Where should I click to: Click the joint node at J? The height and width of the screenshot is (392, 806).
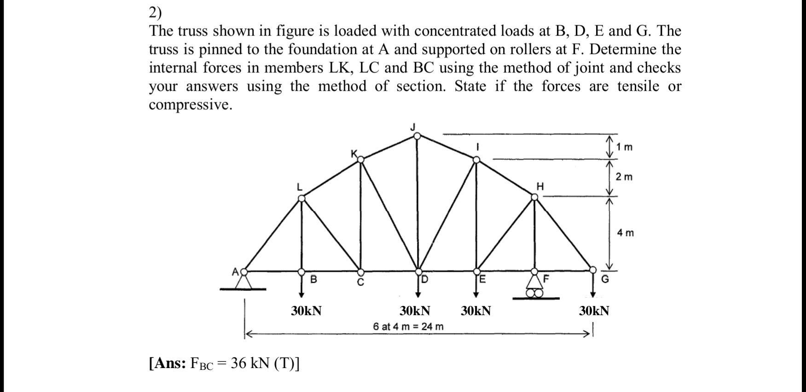[x=417, y=136]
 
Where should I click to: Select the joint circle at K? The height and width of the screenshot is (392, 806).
[x=361, y=159]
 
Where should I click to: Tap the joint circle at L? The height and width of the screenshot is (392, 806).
[x=302, y=198]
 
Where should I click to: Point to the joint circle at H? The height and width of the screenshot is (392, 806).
[x=534, y=197]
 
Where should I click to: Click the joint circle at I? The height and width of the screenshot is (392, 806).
[x=477, y=160]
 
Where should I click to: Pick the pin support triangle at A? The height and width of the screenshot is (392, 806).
[x=244, y=281]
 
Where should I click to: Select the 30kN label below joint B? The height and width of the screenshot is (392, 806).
[x=306, y=311]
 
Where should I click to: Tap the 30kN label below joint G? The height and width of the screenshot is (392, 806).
[x=594, y=311]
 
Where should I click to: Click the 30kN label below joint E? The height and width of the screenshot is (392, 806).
[x=475, y=311]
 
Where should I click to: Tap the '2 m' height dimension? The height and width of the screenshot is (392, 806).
[x=625, y=177]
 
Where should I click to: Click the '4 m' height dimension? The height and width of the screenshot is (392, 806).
[x=626, y=233]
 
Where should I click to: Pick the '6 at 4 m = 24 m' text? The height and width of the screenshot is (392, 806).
[x=408, y=327]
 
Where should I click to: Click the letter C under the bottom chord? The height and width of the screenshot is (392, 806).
[x=361, y=282]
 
